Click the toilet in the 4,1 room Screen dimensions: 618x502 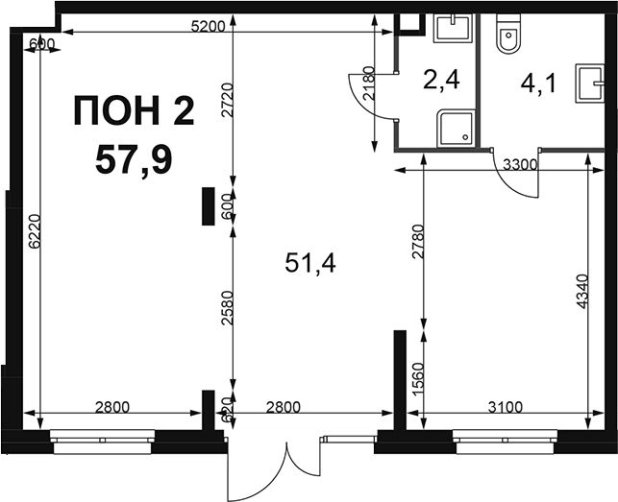point(508,34)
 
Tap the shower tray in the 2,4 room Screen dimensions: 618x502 point(457,128)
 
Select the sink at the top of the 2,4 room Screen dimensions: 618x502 point(453,28)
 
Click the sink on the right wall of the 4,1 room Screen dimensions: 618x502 point(589,84)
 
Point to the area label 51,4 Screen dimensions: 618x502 point(310,263)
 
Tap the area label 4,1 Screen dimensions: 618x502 point(538,84)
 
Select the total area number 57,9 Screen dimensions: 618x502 point(134,160)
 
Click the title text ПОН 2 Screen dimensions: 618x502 point(134,110)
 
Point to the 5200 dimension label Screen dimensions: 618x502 point(208,26)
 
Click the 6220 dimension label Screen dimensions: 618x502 point(35,231)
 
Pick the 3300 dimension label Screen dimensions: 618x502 point(520,164)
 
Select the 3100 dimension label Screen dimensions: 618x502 point(506,407)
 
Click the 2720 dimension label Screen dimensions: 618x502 point(228,100)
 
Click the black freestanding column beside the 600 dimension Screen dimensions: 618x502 point(209,206)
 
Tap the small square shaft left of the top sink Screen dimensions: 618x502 point(409,24)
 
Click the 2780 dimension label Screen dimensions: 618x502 point(418,241)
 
